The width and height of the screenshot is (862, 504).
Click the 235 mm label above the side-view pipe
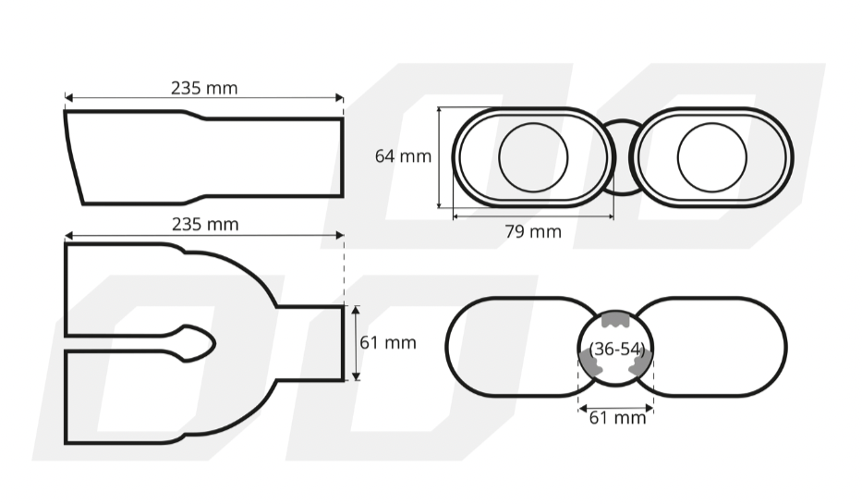[203, 88]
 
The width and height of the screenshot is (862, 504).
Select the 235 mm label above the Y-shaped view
[204, 224]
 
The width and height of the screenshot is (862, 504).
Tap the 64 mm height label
[402, 156]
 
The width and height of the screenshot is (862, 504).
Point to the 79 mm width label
[532, 231]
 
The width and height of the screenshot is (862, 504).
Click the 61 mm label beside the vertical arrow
[387, 342]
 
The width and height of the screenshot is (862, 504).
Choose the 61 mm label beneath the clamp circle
[617, 417]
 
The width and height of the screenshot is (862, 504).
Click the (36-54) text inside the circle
[616, 349]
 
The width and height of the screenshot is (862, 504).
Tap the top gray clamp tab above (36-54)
[616, 320]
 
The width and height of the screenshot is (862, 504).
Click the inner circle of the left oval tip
[533, 157]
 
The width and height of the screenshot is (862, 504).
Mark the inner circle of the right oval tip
[710, 157]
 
